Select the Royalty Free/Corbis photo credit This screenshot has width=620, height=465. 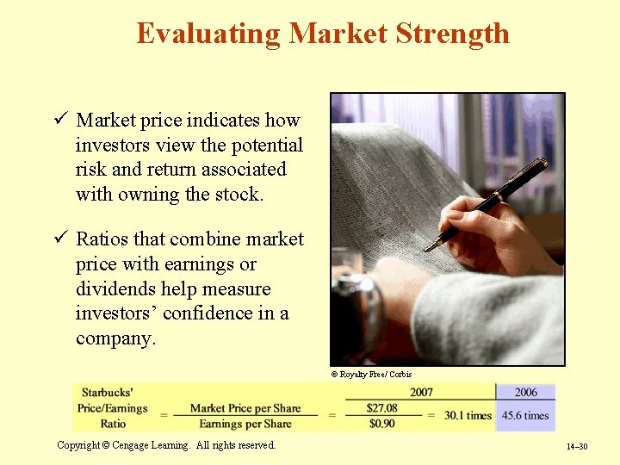click(371, 375)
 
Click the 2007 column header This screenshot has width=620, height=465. click(421, 393)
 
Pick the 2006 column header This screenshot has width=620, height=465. click(525, 393)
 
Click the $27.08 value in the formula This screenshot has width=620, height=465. click(381, 407)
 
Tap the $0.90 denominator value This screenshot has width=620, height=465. click(381, 423)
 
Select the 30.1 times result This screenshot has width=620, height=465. click(468, 415)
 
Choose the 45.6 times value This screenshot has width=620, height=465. click(525, 415)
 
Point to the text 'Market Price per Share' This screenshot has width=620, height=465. click(245, 408)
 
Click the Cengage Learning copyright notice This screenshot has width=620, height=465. click(166, 445)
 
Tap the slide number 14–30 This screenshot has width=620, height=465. click(576, 447)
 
